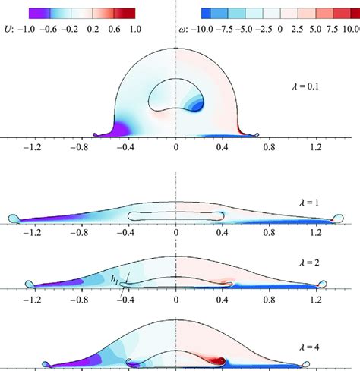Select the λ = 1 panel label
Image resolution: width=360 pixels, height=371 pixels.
tap(311, 203)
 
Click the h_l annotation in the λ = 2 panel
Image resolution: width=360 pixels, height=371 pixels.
tap(115, 278)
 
